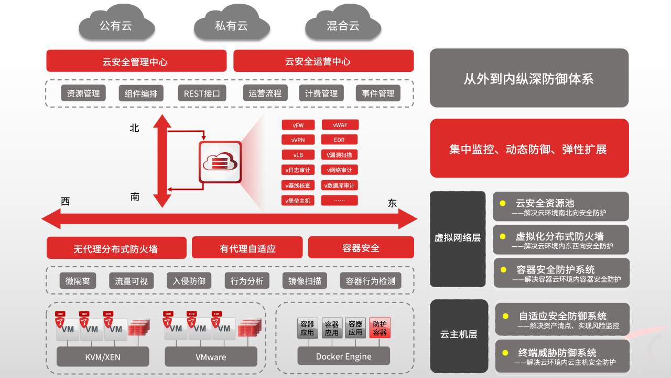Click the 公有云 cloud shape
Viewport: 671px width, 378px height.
coord(116,25)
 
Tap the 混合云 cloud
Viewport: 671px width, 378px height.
coord(343,25)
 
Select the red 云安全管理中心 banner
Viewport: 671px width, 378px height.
coord(136,61)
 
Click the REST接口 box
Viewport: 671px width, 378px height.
coord(202,93)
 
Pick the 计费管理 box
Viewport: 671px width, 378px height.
coord(321,93)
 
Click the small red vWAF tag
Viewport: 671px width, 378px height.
coord(339,125)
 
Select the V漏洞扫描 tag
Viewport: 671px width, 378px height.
coord(339,155)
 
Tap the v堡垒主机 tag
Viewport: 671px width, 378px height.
coord(298,201)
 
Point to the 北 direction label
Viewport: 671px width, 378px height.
coord(135,128)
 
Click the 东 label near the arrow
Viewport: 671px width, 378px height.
coord(392,204)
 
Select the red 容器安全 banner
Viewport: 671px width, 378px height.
coord(361,248)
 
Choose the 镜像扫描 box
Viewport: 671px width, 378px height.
coord(305,281)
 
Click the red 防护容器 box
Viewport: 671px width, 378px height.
coord(380,328)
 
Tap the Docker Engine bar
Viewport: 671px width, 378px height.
coord(343,356)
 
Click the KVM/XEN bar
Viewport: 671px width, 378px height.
coord(103,357)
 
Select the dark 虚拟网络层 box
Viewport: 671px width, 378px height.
coord(458,238)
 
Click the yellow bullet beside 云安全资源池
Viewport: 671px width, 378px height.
coord(503,203)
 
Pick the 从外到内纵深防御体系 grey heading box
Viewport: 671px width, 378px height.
coord(529,78)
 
